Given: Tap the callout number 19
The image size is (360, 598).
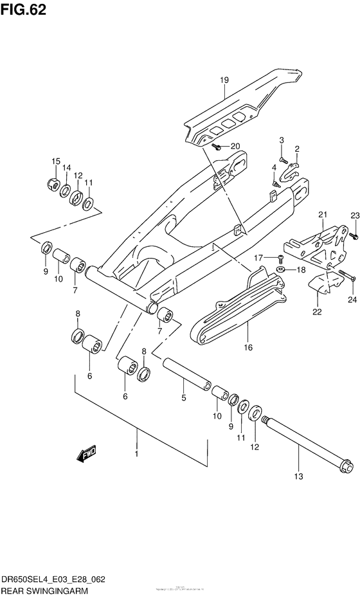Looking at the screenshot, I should pos(224,80).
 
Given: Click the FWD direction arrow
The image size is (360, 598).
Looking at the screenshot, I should pos(85,456).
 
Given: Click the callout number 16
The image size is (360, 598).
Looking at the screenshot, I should pos(248,348).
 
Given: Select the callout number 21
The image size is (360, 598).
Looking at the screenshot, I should pos(322,215).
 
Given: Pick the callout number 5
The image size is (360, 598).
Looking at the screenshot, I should pos(183,398).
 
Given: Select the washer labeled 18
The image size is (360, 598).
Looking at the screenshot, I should pos(280,270).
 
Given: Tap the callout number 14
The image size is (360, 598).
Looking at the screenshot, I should pos(66,168).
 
